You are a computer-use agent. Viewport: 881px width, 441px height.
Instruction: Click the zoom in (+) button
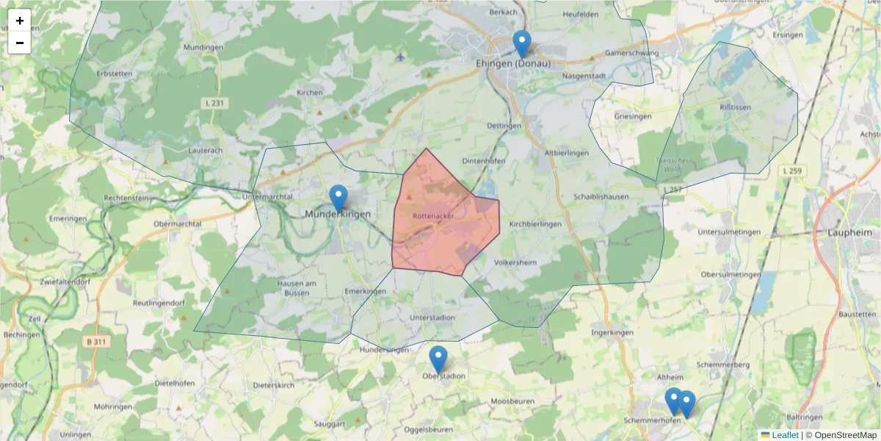click(20, 21)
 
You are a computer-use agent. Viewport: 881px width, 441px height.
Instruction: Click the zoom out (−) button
click(20, 43)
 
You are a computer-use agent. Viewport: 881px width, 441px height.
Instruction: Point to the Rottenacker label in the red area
click(433, 216)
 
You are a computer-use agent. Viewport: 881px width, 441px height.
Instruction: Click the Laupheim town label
click(854, 232)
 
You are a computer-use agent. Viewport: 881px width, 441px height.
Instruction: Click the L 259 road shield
click(791, 171)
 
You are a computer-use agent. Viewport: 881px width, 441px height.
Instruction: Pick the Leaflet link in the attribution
click(785, 435)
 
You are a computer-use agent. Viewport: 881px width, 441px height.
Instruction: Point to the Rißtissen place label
click(734, 107)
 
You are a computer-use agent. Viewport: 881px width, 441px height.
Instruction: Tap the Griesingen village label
click(632, 116)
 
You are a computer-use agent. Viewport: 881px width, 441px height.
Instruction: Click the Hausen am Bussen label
click(296, 287)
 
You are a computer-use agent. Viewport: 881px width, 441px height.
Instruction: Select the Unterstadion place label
click(432, 318)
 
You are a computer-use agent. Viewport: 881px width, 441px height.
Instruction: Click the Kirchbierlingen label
click(535, 224)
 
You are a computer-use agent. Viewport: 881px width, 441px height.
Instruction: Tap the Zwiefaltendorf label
click(45, 282)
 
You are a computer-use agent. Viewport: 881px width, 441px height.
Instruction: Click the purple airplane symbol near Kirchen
click(399, 56)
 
